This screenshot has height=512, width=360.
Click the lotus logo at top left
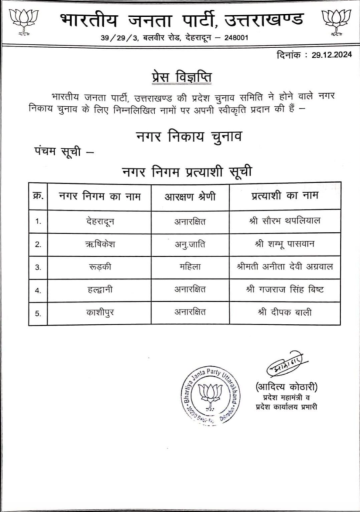[x=23, y=22]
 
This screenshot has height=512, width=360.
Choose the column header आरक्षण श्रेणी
[x=190, y=196]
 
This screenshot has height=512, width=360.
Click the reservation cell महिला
[x=190, y=266]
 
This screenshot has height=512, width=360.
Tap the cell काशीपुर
[x=100, y=313]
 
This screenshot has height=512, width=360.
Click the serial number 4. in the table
[x=38, y=290]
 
